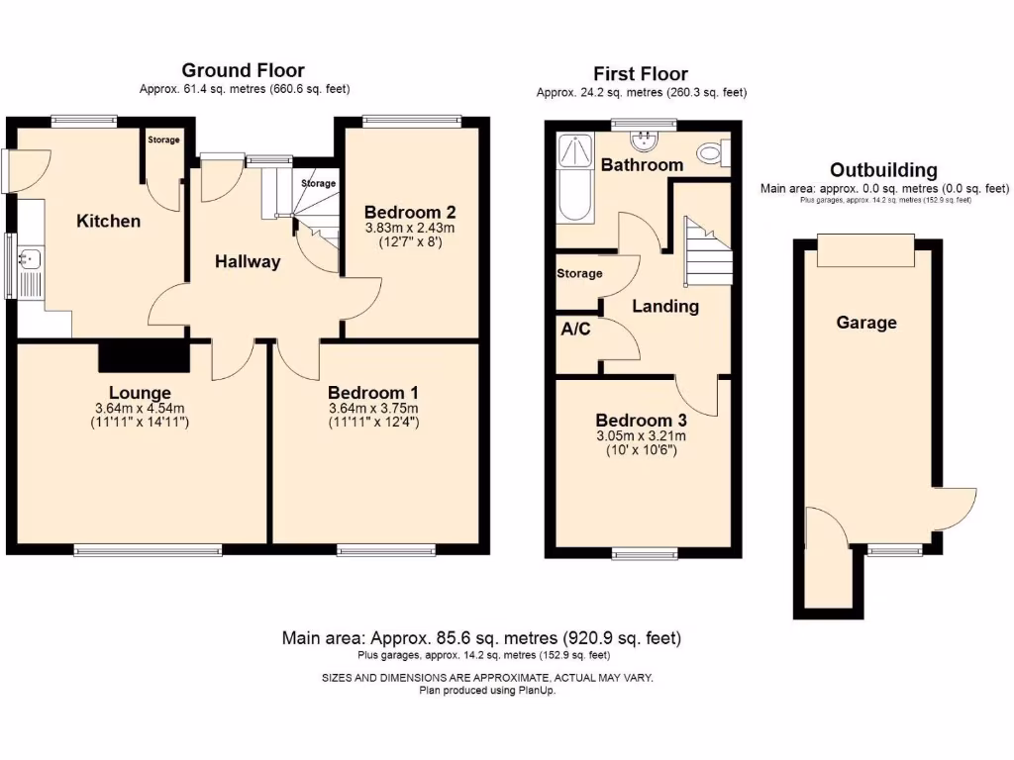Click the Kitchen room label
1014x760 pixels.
108,221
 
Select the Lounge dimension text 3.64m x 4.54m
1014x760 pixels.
140,409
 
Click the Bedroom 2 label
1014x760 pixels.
410,212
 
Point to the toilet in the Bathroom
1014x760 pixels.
713,153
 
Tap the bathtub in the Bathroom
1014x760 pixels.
575,178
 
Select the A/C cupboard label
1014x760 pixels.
575,329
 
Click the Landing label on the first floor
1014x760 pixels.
665,307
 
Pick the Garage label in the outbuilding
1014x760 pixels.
866,323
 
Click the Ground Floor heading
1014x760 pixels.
244,70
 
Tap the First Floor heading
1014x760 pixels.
641,73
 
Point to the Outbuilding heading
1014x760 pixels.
883,170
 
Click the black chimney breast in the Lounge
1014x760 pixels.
144,356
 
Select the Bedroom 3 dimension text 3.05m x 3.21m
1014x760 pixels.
641,436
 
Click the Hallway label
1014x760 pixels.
248,261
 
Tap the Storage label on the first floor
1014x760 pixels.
579,273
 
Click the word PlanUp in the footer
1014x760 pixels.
537,690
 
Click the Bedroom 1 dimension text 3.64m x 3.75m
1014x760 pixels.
373,409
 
